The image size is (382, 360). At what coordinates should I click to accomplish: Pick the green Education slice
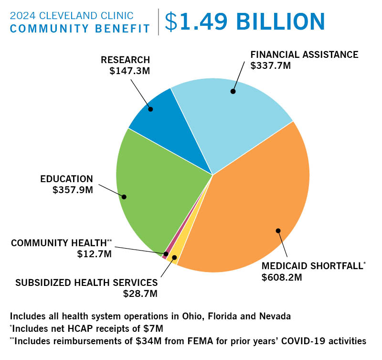pyautogui.click(x=153, y=191)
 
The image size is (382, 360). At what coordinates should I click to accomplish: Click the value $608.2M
pyautogui.click(x=282, y=277)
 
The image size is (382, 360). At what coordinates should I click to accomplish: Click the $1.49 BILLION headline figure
pyautogui.click(x=244, y=21)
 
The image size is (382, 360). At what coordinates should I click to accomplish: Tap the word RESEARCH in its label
pyautogui.click(x=125, y=60)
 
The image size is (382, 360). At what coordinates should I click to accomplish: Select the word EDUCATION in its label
pyautogui.click(x=66, y=179)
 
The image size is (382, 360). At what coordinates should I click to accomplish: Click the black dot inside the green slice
pyautogui.click(x=124, y=196)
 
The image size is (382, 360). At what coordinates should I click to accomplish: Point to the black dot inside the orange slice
pyautogui.click(x=278, y=230)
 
